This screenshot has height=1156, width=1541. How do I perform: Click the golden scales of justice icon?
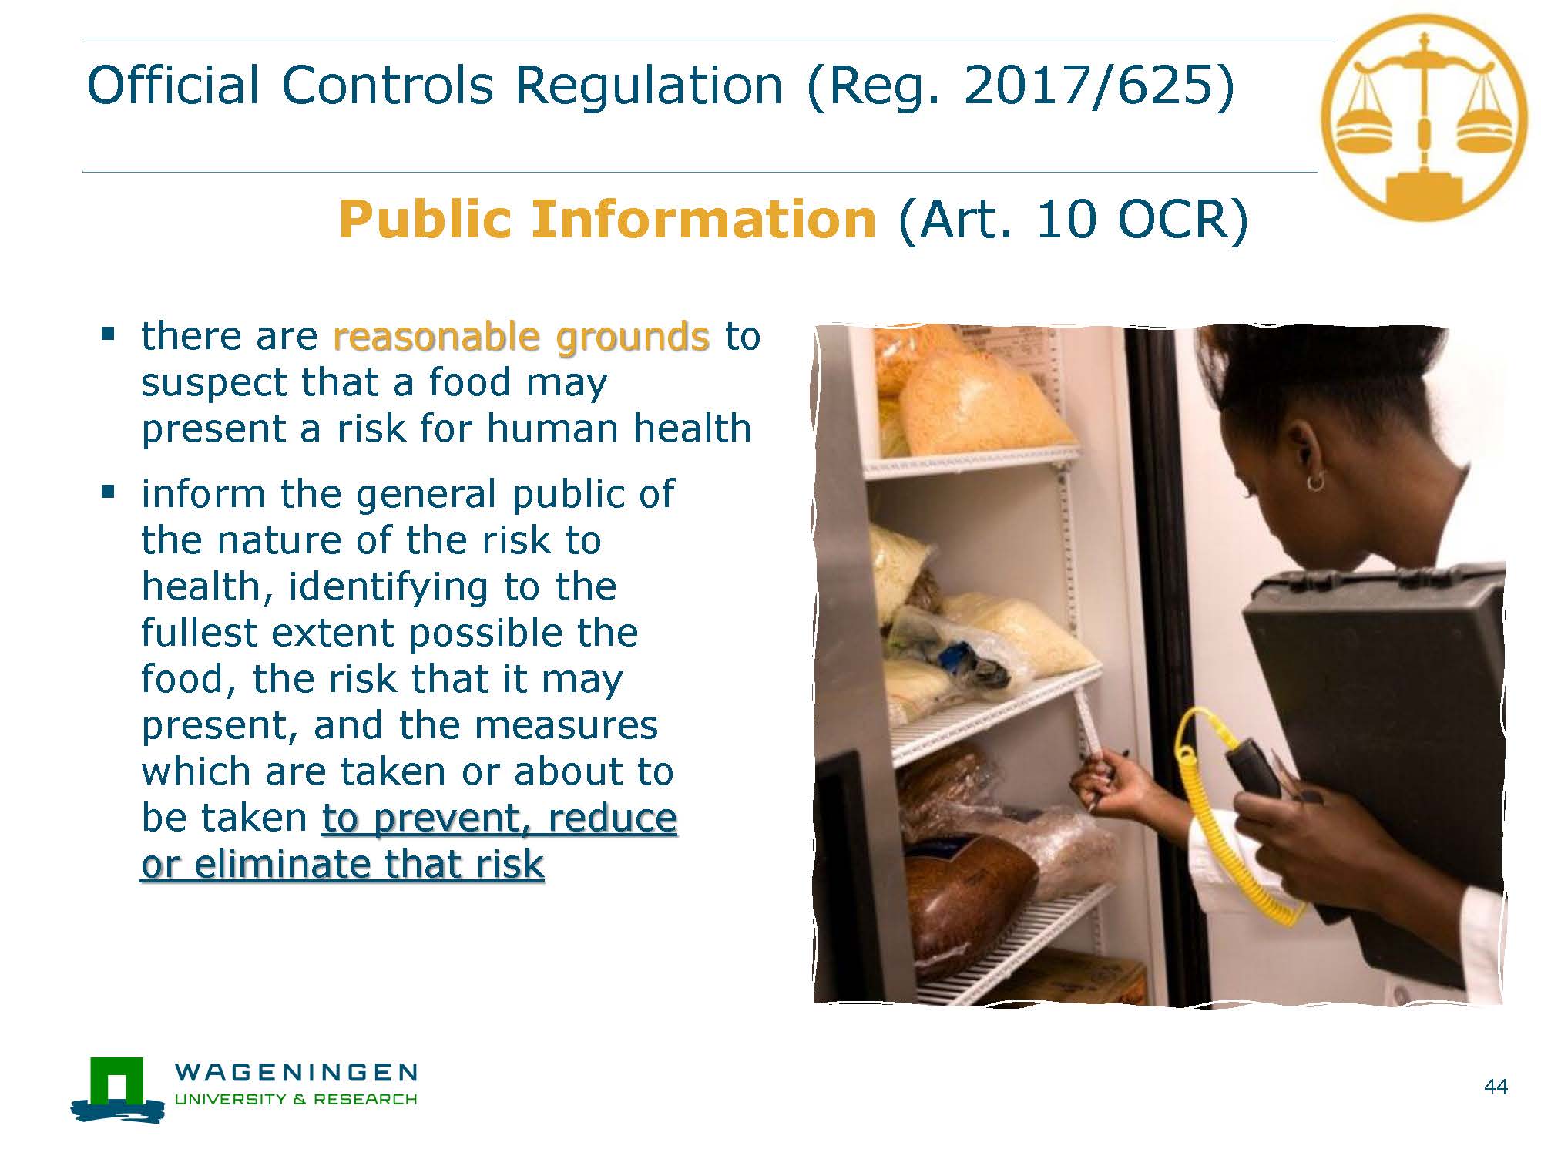tap(1424, 117)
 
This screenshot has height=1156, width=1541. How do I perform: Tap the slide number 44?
tap(1496, 1087)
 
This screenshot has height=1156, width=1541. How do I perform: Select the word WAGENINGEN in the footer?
tap(297, 1072)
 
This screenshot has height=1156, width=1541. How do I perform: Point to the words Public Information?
tap(607, 219)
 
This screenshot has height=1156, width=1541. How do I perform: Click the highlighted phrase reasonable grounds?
tap(521, 337)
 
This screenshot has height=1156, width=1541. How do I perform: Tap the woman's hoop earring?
tap(1315, 482)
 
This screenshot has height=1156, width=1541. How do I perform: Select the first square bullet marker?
tap(108, 334)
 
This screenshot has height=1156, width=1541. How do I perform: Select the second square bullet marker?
tap(108, 491)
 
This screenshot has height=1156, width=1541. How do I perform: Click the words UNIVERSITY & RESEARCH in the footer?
tap(297, 1099)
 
